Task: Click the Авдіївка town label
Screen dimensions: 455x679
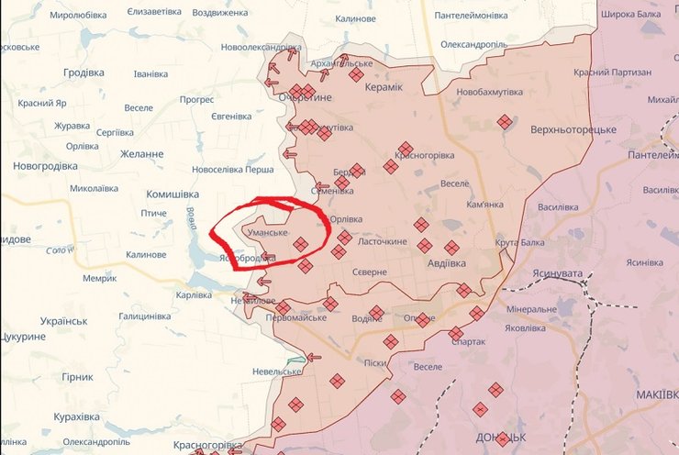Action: [447, 263]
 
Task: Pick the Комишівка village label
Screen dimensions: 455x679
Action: [173, 194]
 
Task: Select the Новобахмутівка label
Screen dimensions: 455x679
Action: [495, 93]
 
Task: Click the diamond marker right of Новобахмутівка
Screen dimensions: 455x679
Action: [505, 121]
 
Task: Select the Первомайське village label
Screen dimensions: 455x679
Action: [295, 317]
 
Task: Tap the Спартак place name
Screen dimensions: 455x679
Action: [468, 341]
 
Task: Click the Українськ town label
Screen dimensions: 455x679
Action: [63, 321]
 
